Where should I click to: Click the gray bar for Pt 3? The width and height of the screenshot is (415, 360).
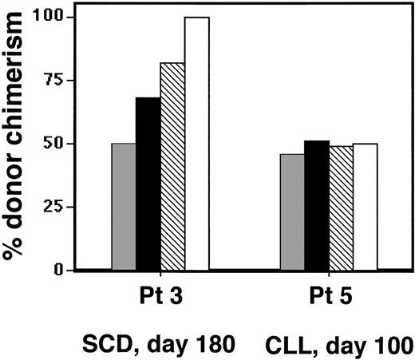click(124, 207)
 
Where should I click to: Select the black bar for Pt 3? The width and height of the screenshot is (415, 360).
click(148, 184)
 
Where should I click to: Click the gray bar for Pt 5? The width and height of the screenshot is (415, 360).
click(293, 212)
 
